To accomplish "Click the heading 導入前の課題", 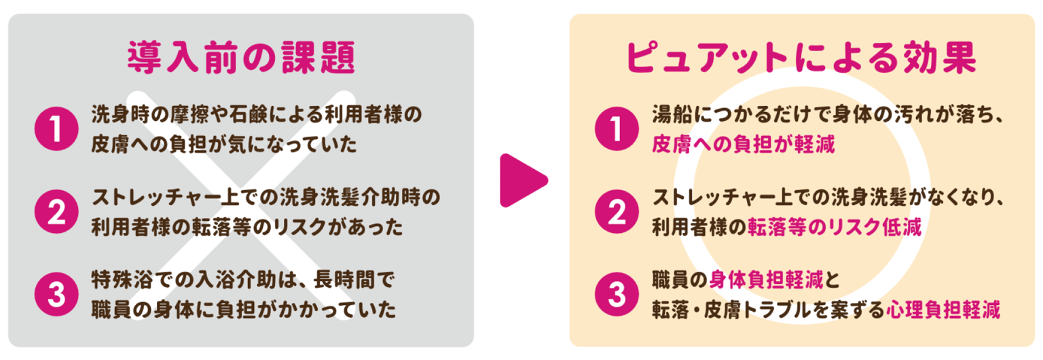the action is coord(241,58).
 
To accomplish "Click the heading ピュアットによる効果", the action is coord(801,58).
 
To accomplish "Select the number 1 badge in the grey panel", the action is coord(56,129).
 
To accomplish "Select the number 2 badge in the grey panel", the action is coord(56,211).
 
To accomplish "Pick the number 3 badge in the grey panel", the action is coord(56,294).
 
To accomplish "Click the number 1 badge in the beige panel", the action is coord(617,129).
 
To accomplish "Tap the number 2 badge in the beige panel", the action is coord(617,211).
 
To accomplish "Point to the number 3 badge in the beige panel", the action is coord(617,294).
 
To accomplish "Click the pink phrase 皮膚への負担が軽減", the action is coord(743,145).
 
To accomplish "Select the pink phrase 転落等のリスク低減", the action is coord(835,228).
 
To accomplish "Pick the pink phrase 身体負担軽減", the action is coord(767,280).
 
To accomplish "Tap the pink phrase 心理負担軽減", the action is coord(943,310).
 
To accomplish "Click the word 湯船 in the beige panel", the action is coord(672,115).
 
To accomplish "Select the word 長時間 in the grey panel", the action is coord(344,280).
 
